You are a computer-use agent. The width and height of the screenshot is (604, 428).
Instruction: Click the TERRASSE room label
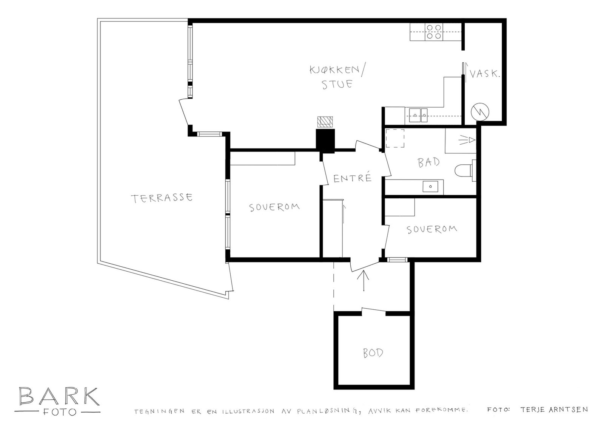(x=162, y=198)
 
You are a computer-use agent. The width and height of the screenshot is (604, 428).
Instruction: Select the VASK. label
(x=485, y=74)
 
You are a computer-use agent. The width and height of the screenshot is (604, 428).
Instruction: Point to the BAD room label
(x=428, y=162)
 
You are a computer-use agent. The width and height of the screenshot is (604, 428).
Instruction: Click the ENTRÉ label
(x=353, y=178)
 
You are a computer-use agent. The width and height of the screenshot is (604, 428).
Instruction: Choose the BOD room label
(x=373, y=353)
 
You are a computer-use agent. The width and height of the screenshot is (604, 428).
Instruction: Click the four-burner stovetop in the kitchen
(x=434, y=32)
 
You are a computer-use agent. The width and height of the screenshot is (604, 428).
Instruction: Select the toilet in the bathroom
(x=465, y=170)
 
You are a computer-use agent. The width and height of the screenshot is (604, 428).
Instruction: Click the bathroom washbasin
(x=430, y=187)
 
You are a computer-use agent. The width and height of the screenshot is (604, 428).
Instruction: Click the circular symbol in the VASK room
(x=480, y=112)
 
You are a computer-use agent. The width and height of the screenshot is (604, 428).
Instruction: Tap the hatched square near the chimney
(x=325, y=122)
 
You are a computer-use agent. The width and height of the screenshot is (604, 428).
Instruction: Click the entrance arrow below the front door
(x=364, y=281)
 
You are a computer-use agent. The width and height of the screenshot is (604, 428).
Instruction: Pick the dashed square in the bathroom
(x=395, y=138)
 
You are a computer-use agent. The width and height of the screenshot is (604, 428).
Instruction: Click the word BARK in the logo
(x=59, y=396)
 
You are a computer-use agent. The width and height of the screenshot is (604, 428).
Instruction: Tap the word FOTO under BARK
(x=59, y=412)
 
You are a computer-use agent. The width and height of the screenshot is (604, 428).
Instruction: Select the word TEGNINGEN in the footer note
(x=159, y=412)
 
